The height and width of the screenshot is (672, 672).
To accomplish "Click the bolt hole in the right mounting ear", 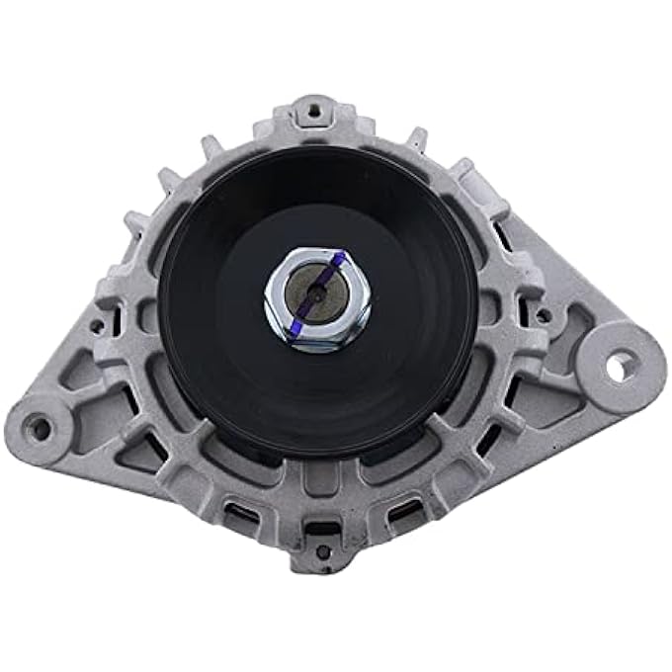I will coord(615,367).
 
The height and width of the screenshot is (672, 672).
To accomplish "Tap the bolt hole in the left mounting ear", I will coord(40,428).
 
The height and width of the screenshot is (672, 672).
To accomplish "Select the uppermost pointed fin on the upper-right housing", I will coord(420,138).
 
